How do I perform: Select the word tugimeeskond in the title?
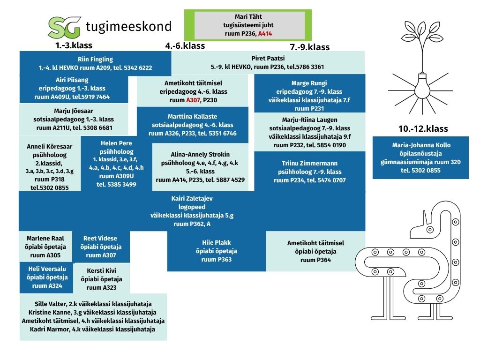[128, 27]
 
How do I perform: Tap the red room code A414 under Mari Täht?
[265, 34]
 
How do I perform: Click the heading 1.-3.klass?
[74, 45]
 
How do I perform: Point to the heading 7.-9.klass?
[310, 47]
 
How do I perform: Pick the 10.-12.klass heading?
[423, 128]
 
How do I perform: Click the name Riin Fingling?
[95, 60]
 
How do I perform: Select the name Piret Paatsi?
[268, 58]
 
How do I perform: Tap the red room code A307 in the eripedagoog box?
[193, 100]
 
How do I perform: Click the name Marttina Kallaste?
[193, 116]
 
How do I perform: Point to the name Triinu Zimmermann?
[309, 164]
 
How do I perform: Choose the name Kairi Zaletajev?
[192, 198]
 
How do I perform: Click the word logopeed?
[192, 207]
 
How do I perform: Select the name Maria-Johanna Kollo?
[421, 145]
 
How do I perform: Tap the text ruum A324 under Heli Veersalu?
[47, 285]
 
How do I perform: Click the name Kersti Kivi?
[101, 270]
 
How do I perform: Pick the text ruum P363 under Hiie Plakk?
[217, 260]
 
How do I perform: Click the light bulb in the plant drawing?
[422, 85]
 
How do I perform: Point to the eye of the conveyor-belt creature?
[430, 230]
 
